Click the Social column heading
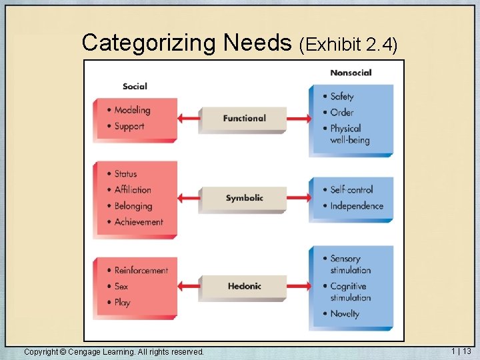[x=135, y=86]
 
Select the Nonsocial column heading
[x=351, y=73]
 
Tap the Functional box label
[x=244, y=118]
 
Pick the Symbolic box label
[x=244, y=198]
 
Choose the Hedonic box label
[x=244, y=286]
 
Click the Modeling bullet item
[x=131, y=110]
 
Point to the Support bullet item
[x=129, y=126]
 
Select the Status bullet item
[x=125, y=174]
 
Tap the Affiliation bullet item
[x=132, y=190]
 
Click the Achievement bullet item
[x=138, y=222]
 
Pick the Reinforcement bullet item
[x=141, y=270]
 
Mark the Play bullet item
[x=122, y=302]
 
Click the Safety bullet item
[x=342, y=97]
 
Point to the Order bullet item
[x=341, y=112]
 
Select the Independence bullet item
[x=357, y=206]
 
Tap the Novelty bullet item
[x=345, y=313]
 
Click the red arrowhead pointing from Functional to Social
[x=181, y=118]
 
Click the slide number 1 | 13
[x=461, y=351]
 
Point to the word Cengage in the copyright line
[x=85, y=351]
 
